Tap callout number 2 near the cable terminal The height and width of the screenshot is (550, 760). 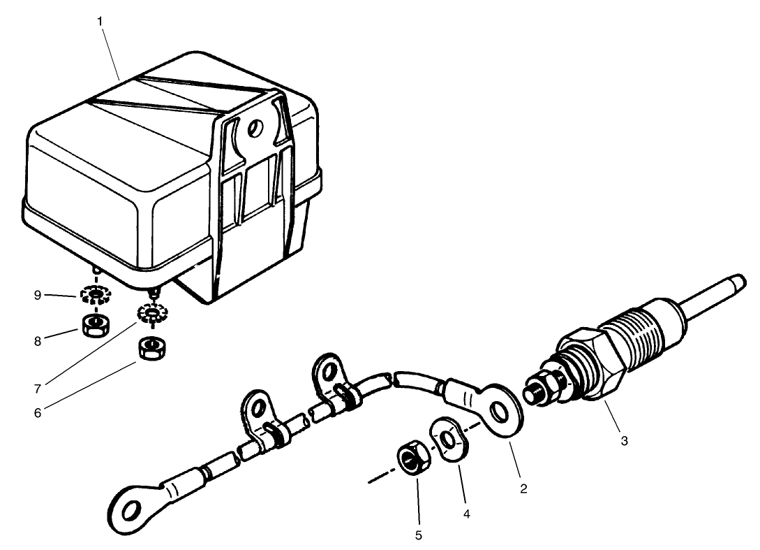523,489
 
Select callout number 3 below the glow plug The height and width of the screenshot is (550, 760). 624,441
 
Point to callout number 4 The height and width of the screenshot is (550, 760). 466,513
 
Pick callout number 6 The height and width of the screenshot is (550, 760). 37,412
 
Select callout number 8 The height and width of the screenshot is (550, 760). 37,340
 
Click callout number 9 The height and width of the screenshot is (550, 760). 37,295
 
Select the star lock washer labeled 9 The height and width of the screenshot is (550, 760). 94,295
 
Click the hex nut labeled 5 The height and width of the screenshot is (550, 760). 410,458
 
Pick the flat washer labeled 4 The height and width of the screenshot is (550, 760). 447,440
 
